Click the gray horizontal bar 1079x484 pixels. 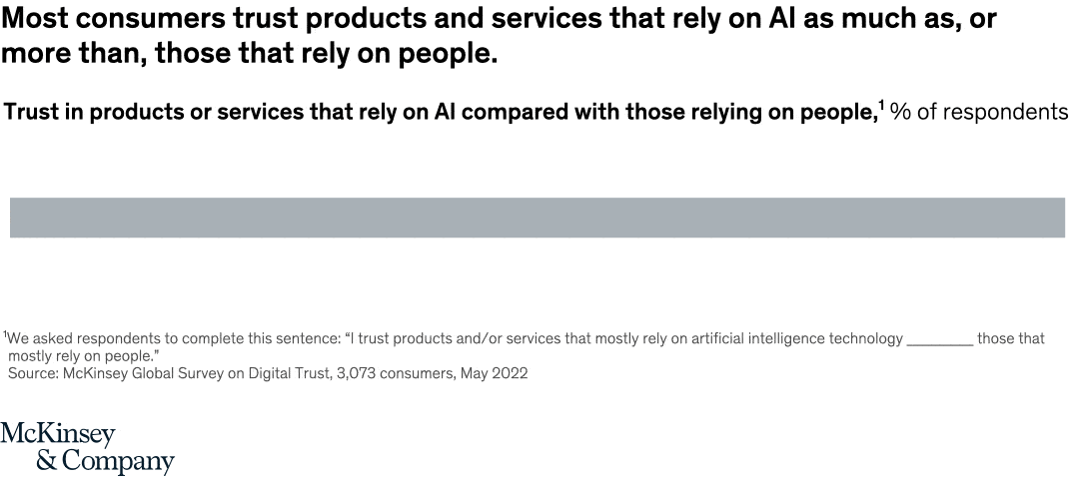(x=538, y=218)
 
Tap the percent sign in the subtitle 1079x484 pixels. (x=900, y=112)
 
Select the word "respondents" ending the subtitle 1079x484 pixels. (x=1005, y=113)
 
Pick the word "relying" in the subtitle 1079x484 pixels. (x=722, y=113)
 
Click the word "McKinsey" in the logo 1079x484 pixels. (x=58, y=435)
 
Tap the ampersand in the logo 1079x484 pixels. (x=46, y=462)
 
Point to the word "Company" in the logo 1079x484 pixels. (x=118, y=463)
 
